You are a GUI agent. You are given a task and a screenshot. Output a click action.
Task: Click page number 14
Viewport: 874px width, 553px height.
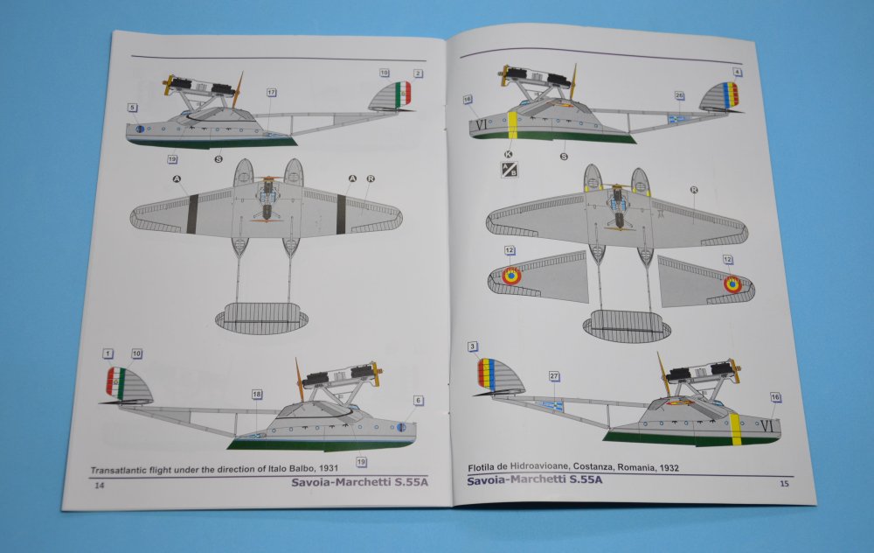(100, 486)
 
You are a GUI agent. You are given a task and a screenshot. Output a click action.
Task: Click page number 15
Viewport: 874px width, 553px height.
(784, 483)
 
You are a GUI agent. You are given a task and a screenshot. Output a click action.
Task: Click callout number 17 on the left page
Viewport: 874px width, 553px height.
(272, 93)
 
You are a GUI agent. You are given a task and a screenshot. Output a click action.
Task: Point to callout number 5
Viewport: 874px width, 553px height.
(132, 108)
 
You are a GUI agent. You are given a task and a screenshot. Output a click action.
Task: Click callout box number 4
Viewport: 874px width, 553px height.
(737, 72)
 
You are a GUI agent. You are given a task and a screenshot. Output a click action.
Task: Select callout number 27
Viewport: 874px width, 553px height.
(554, 376)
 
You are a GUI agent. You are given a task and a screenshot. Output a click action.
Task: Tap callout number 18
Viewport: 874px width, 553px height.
(256, 395)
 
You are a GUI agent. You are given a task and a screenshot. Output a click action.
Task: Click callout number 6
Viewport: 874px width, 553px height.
(418, 401)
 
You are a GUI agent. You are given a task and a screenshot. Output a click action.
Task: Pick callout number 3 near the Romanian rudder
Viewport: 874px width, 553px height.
(473, 347)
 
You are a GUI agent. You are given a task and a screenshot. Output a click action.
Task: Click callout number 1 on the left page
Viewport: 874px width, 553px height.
(108, 353)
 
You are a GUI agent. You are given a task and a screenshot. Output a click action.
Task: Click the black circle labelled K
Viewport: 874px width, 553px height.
(508, 154)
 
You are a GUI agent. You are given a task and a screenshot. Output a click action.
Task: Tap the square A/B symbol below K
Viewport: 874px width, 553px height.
(510, 169)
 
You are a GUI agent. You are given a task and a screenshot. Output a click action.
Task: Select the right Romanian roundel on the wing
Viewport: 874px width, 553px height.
(732, 284)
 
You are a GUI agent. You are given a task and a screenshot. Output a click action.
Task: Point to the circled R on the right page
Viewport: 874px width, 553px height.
(694, 190)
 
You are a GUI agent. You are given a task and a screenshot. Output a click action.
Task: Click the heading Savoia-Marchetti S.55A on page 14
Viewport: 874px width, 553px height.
(359, 482)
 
